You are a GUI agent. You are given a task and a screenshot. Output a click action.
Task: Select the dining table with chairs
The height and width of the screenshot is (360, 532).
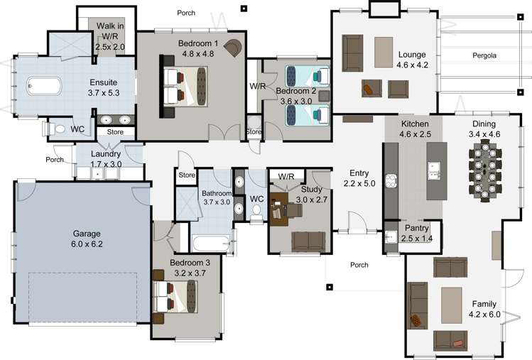[485, 168]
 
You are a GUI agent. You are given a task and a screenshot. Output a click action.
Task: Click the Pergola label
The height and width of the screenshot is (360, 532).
[485, 55]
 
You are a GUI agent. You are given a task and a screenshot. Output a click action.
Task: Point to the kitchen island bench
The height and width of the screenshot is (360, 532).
[434, 170]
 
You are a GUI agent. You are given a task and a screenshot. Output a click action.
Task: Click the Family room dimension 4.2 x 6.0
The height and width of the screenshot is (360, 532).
[485, 314]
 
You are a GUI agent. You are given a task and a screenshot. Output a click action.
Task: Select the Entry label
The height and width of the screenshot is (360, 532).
[359, 173]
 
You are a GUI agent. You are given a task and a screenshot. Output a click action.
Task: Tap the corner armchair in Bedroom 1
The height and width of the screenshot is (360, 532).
[233, 47]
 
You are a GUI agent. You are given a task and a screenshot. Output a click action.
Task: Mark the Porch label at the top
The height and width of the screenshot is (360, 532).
[187, 13]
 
